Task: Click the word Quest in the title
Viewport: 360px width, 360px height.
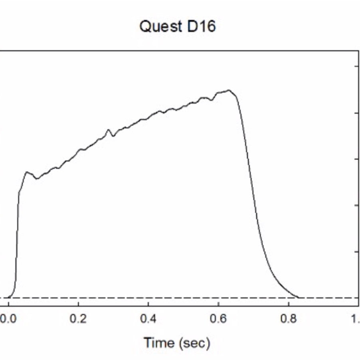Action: [x=158, y=26]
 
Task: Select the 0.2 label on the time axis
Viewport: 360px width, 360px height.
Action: [x=79, y=319]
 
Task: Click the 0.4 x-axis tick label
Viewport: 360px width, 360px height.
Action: [x=148, y=319]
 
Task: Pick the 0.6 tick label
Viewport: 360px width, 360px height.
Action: [x=218, y=319]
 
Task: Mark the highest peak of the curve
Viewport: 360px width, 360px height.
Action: [x=229, y=90]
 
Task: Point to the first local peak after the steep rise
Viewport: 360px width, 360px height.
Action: [x=27, y=172]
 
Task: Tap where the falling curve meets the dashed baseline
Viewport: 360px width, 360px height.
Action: [x=298, y=297]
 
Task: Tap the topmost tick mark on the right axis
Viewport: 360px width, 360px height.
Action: [x=356, y=66]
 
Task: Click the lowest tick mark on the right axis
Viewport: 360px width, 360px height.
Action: [x=356, y=252]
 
